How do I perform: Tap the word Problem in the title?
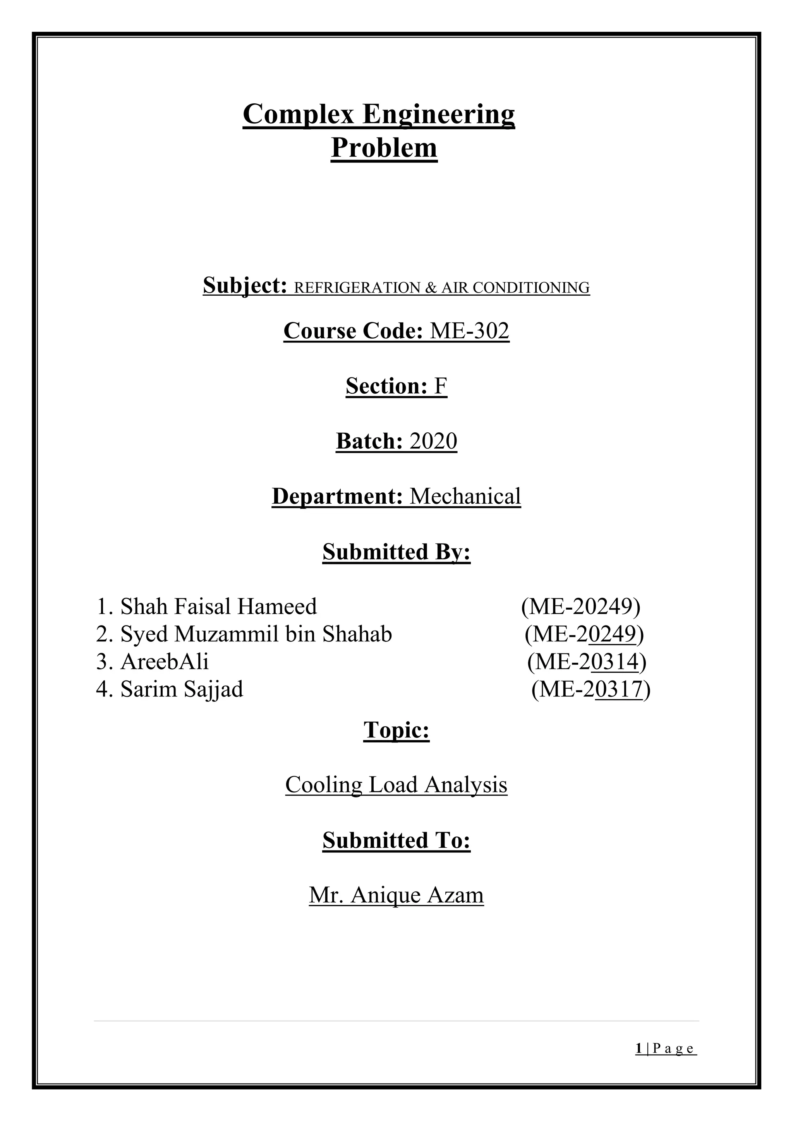[384, 148]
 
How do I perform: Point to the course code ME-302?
[469, 331]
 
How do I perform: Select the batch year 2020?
[433, 441]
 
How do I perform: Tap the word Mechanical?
[465, 497]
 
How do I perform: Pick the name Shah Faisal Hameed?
[218, 607]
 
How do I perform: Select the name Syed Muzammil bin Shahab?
[256, 634]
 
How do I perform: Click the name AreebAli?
[165, 662]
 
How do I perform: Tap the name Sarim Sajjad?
[182, 689]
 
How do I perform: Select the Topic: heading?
[396, 730]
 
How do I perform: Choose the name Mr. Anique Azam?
[396, 895]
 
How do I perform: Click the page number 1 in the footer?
[639, 1048]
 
